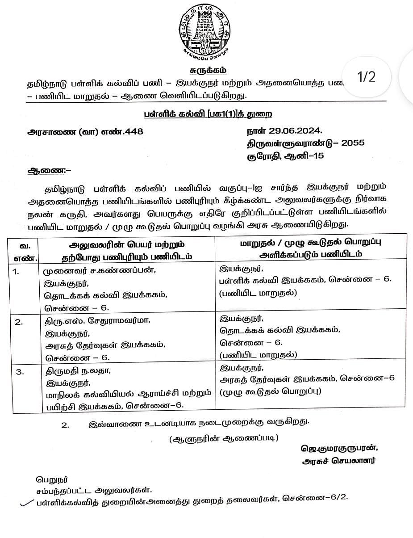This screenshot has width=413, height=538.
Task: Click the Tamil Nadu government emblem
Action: [206, 31]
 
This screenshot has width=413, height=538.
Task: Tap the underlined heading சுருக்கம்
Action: [206, 70]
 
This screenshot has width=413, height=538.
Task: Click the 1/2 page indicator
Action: [367, 77]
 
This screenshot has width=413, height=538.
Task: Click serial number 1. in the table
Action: [16, 271]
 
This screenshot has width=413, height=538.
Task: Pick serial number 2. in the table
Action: [18, 322]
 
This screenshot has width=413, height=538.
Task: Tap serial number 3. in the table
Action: [18, 371]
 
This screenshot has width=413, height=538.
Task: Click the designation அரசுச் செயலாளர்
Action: [338, 461]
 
